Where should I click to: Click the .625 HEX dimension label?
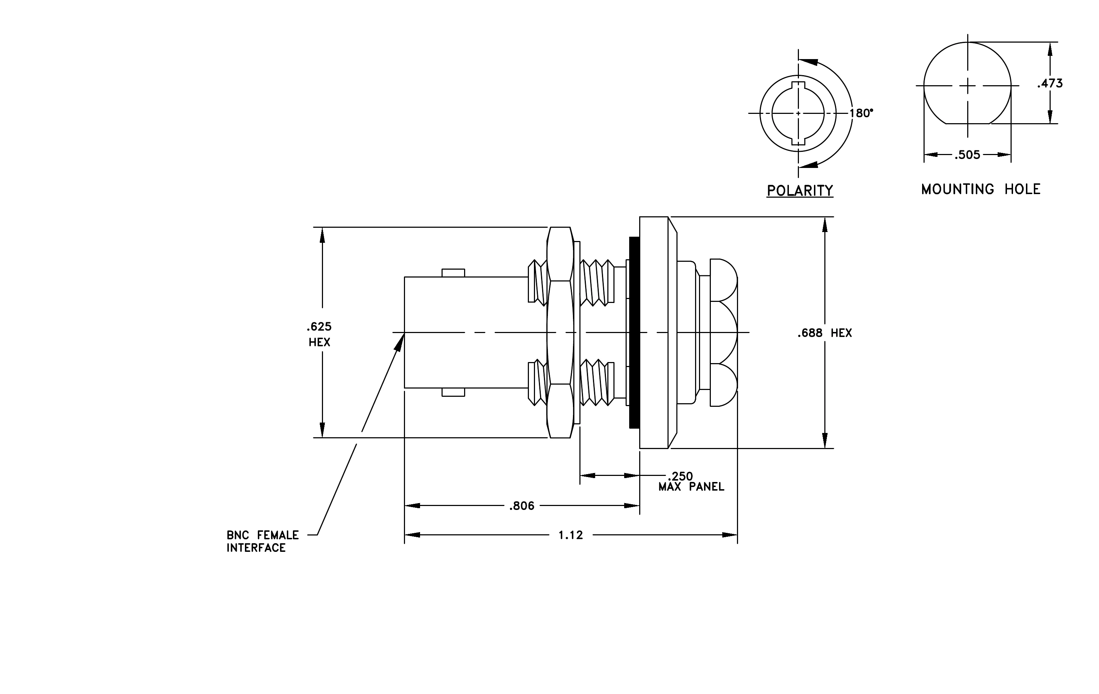[319, 334]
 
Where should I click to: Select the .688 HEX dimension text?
[825, 333]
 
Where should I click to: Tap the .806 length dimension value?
[522, 506]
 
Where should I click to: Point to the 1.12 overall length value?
[571, 535]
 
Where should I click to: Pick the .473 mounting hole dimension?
[1050, 83]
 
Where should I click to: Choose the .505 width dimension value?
[968, 155]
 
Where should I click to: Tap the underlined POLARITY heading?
[800, 191]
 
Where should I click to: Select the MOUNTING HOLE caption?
[981, 189]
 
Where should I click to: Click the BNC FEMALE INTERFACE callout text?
[263, 541]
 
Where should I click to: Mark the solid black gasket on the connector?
[635, 333]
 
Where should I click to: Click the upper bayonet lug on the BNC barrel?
[453, 273]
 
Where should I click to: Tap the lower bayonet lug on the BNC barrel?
[453, 392]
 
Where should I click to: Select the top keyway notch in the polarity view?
[798, 85]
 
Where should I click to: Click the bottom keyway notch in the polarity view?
[798, 141]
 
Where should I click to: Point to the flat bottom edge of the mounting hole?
[968, 124]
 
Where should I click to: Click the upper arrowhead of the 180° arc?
[808, 63]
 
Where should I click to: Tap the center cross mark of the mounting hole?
[968, 85]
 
